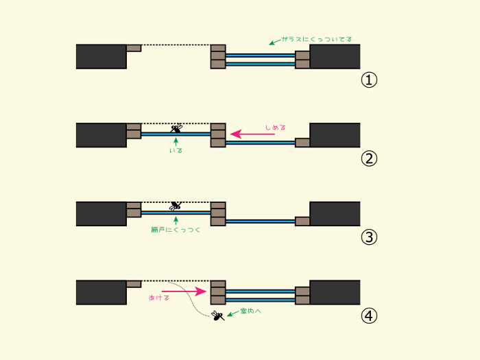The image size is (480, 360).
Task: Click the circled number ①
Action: (x=369, y=80)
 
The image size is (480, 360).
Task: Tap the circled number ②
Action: (x=369, y=158)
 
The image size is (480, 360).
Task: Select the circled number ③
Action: (x=369, y=237)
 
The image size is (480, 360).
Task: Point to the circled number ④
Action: (x=369, y=316)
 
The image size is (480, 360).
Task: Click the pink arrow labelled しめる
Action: (x=252, y=134)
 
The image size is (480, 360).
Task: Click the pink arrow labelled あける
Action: (x=184, y=291)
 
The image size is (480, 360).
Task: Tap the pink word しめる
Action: (x=276, y=127)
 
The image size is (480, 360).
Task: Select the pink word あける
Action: (x=159, y=298)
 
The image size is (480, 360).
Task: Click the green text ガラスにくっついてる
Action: (x=317, y=39)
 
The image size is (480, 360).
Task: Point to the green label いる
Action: (x=176, y=151)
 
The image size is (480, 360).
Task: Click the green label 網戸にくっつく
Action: (x=176, y=230)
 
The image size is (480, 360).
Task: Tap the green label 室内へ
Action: (x=251, y=311)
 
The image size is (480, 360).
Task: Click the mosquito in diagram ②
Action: (x=176, y=128)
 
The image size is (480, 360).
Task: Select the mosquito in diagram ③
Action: (x=176, y=206)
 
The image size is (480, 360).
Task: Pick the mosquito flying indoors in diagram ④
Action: (x=217, y=315)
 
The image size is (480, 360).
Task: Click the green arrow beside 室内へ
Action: (x=232, y=313)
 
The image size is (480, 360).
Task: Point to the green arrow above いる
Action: (x=176, y=142)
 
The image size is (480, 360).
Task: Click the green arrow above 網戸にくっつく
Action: (x=176, y=221)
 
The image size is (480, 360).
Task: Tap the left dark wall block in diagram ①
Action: (x=101, y=57)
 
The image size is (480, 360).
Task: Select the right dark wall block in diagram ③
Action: (x=335, y=214)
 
